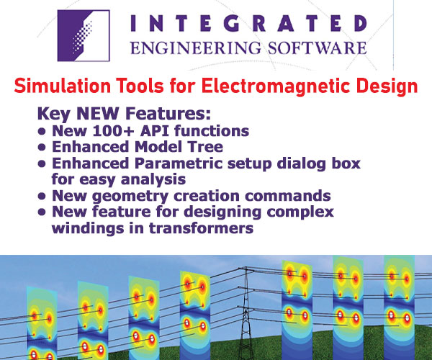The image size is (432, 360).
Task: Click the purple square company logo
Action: pos(84,35)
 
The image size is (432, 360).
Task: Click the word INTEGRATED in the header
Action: pos(248,24)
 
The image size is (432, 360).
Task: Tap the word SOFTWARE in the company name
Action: pos(317,48)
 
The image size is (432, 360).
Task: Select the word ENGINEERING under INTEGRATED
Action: pos(195,48)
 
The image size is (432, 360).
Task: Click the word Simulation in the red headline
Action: pos(62,86)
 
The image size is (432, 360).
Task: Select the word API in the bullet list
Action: pos(154,130)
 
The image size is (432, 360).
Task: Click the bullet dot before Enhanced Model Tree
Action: pos(42,148)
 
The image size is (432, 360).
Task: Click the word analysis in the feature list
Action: pos(153,179)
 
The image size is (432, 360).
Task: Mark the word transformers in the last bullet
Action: pos(201,228)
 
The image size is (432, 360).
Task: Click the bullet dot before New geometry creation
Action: pos(42,197)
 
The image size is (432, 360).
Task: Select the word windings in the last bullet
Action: pos(88,229)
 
